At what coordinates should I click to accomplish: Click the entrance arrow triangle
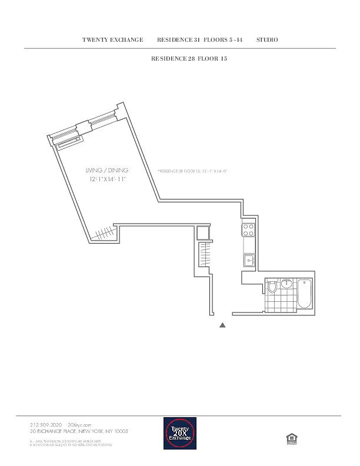(x=222, y=325)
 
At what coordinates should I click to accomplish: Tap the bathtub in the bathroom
(x=304, y=294)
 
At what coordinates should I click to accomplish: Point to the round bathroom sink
(x=286, y=284)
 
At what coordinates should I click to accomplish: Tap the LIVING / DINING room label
(x=107, y=170)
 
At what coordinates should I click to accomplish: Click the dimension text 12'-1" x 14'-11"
(x=108, y=178)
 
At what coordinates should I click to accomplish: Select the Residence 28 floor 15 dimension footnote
(x=192, y=171)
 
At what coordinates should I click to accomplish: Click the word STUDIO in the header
(x=267, y=39)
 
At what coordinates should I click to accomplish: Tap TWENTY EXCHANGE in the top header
(x=113, y=39)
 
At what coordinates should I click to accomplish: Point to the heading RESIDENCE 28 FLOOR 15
(x=189, y=59)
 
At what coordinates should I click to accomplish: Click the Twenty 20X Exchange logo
(x=180, y=434)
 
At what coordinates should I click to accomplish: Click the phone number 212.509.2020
(x=46, y=424)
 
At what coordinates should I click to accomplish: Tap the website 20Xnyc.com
(x=80, y=424)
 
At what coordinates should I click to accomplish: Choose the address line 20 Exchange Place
(x=79, y=431)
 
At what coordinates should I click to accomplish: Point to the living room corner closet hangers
(x=104, y=234)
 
